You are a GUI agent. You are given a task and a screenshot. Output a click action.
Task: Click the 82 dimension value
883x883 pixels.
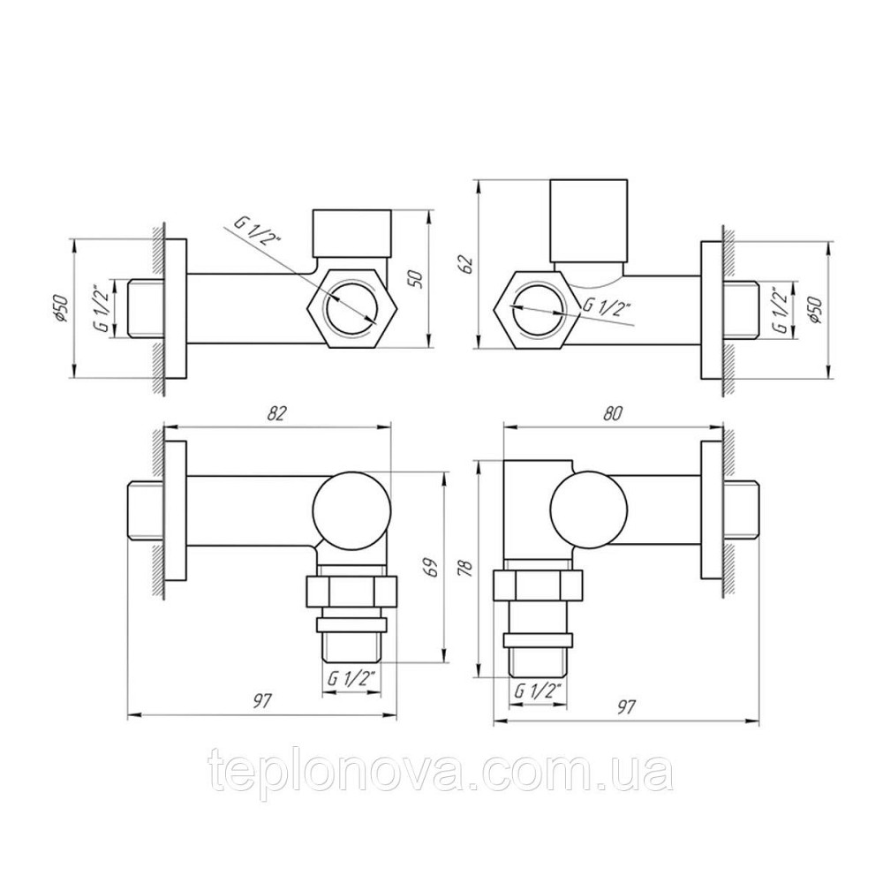coord(278,411)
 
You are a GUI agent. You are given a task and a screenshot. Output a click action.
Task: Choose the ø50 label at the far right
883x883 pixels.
coord(817,309)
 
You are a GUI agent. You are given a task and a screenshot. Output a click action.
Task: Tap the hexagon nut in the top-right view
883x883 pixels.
coord(535,310)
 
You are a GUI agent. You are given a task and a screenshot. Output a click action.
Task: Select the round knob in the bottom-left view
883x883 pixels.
coord(351,508)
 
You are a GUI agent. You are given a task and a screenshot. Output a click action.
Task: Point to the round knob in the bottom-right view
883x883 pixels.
coord(588,508)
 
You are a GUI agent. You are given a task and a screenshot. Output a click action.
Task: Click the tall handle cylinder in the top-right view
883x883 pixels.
coord(590,221)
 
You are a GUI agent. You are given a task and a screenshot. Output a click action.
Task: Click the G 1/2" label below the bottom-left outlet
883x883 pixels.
coord(352,678)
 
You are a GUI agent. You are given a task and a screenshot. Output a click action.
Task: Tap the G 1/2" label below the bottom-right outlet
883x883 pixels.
coord(539,691)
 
